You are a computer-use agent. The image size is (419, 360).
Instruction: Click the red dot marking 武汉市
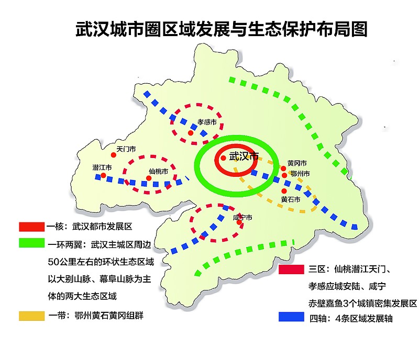click(223, 157)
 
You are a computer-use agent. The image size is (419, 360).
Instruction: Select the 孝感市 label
click(207, 122)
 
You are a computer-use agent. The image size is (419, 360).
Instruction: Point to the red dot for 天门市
click(113, 155)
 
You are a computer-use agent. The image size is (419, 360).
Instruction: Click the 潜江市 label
click(102, 167)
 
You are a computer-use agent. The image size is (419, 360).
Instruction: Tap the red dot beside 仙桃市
click(149, 178)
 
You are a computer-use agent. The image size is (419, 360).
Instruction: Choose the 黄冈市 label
click(297, 164)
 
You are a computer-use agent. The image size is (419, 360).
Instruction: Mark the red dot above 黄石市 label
click(284, 192)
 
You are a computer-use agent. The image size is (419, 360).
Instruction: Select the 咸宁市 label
click(242, 217)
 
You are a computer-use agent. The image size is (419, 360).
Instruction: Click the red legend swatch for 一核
click(31, 227)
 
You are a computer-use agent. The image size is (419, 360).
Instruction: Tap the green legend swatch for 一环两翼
click(31, 243)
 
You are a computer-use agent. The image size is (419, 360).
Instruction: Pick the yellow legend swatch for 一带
click(31, 316)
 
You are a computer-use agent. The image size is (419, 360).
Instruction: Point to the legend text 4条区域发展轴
click(366, 318)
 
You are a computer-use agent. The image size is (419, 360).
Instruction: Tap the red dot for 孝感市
click(191, 132)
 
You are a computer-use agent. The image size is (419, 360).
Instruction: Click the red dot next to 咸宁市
click(239, 222)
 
